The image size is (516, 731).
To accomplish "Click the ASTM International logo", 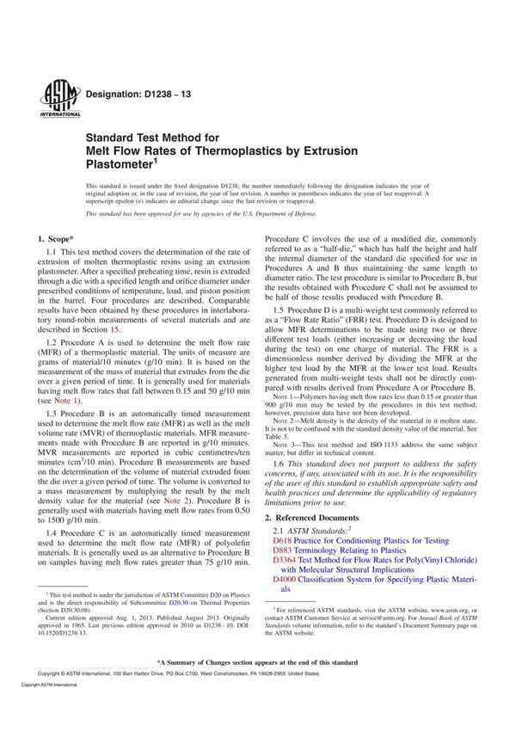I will (x=54, y=96).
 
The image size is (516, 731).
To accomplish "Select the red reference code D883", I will (x=282, y=550).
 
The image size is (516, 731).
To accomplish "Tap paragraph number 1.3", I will (x=51, y=415).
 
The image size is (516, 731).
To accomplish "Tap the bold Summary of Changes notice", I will (x=257, y=687).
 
